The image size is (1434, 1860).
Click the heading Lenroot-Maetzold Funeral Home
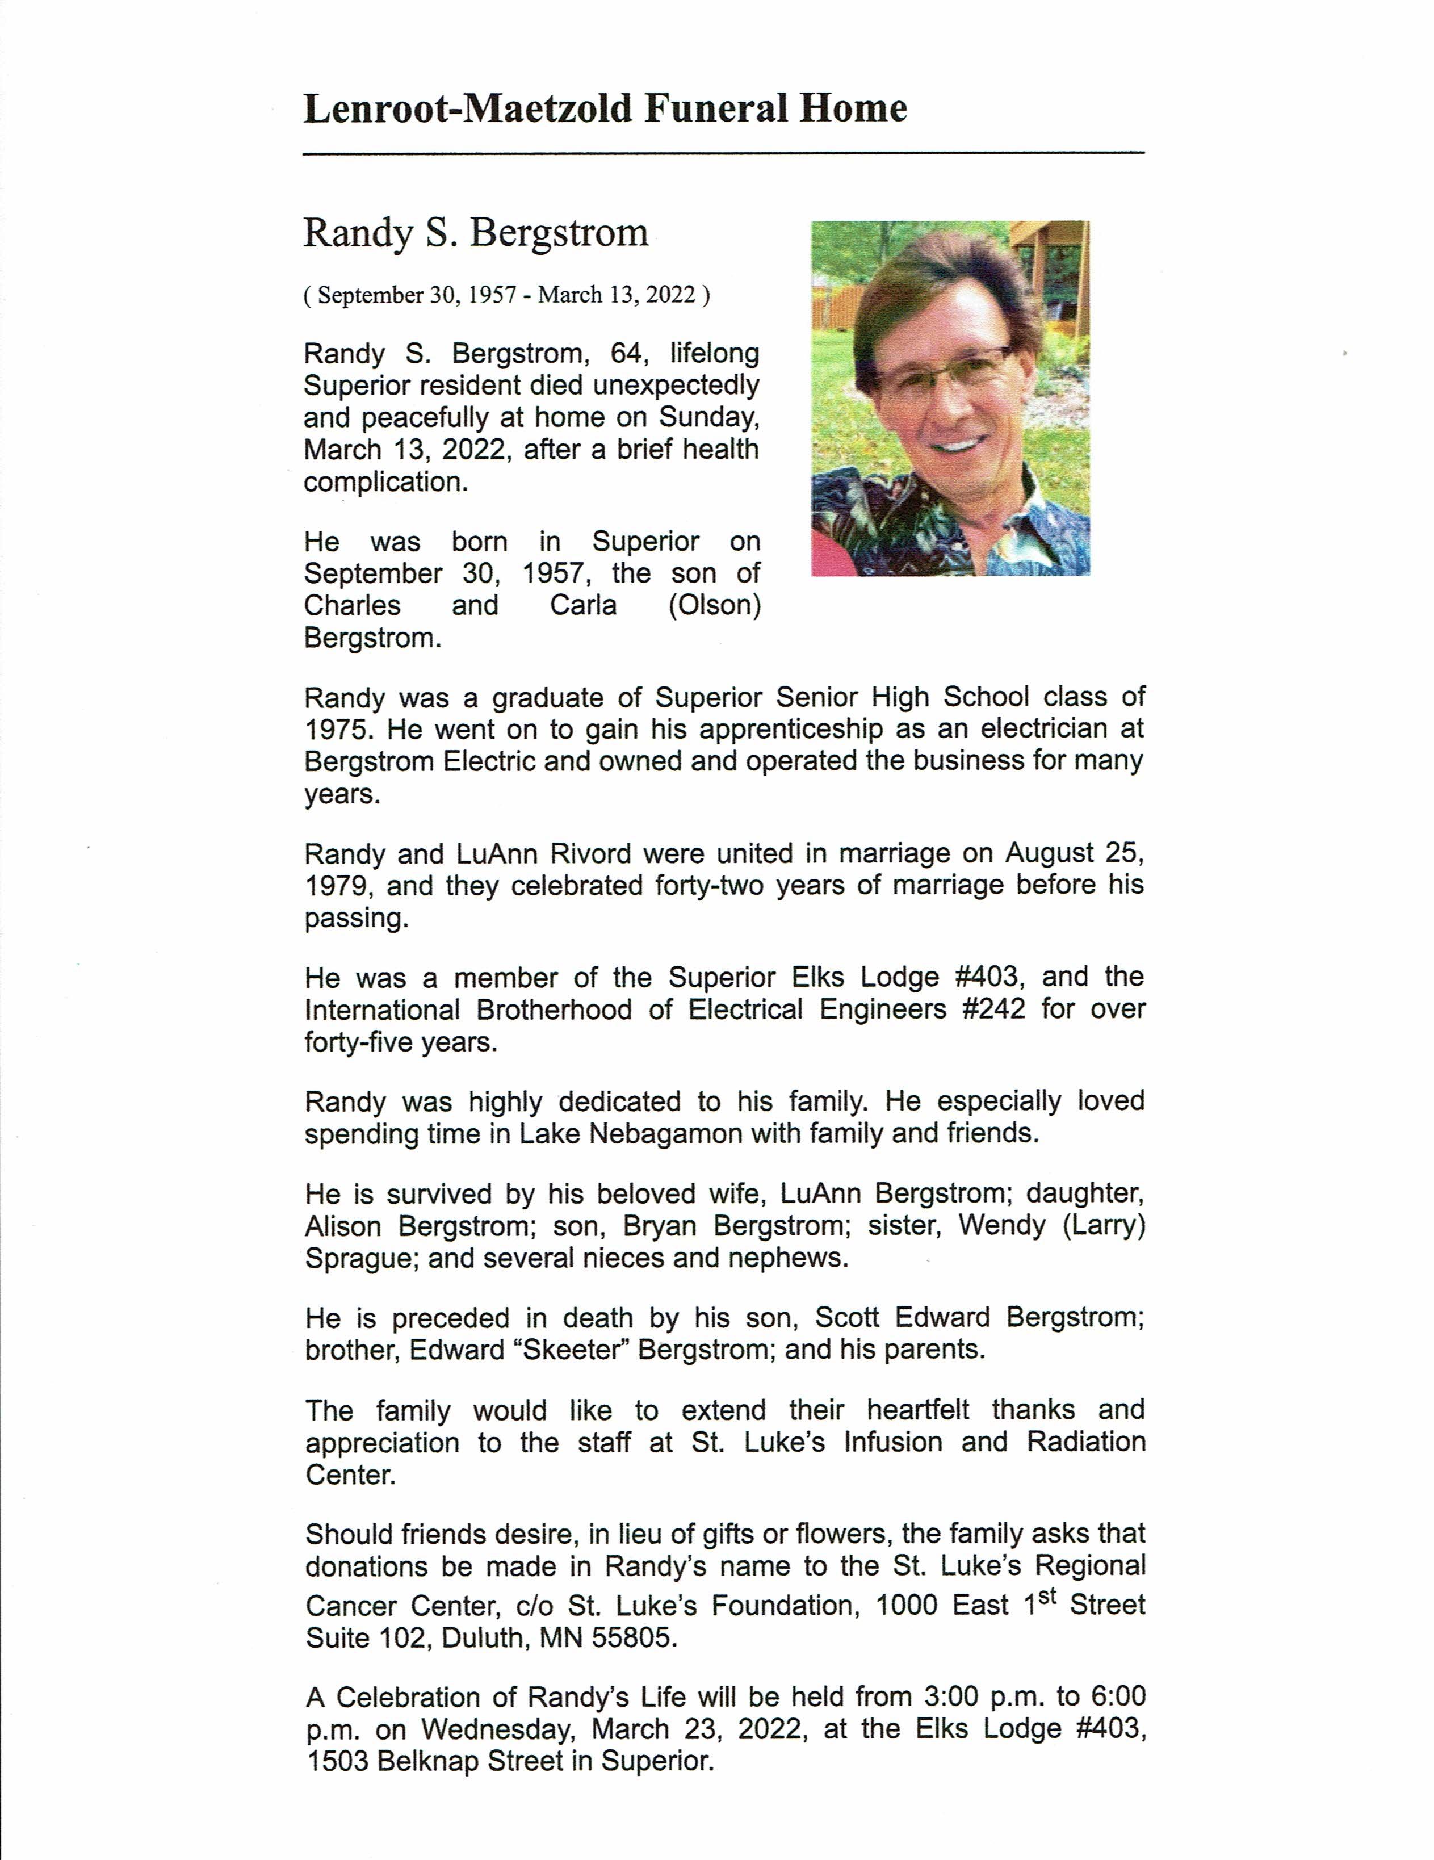(x=605, y=109)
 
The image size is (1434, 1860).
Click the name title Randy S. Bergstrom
(x=475, y=233)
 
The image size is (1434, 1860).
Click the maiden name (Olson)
(x=714, y=605)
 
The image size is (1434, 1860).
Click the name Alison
(x=342, y=1226)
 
